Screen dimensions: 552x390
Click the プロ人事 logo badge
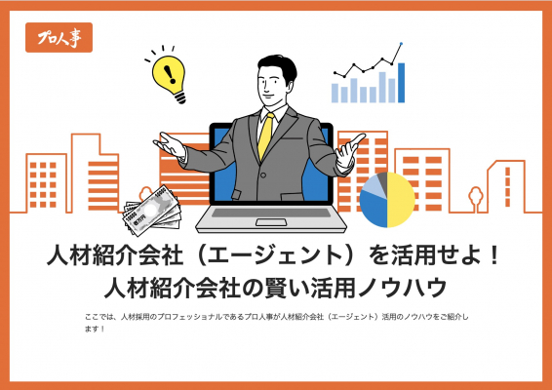(x=59, y=37)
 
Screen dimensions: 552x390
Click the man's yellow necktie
(x=266, y=136)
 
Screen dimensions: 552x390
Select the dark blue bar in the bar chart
(x=401, y=83)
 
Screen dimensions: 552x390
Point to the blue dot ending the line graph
(x=402, y=44)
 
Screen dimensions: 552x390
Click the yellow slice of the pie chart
(x=401, y=200)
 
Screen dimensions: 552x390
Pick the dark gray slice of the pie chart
(x=382, y=178)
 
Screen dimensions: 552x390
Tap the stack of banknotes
(x=151, y=211)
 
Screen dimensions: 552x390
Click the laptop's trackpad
(x=271, y=222)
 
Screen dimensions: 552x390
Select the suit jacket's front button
(x=263, y=175)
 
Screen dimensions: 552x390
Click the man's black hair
(x=278, y=66)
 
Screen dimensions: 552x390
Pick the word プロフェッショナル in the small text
(x=189, y=317)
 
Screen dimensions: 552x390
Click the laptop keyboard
(x=271, y=213)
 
